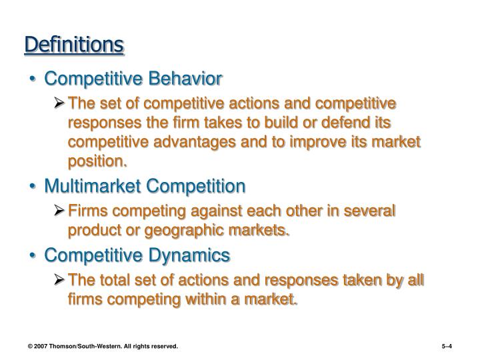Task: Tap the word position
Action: click(x=97, y=161)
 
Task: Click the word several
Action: click(x=369, y=211)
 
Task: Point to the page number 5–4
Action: click(x=447, y=347)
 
